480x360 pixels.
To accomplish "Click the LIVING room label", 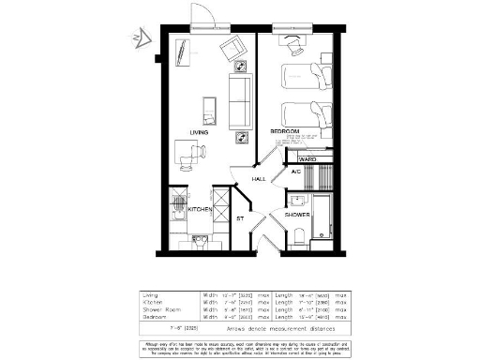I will coord(198,132).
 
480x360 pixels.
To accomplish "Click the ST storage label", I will coord(240,219).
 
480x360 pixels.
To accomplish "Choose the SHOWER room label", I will coord(298,215).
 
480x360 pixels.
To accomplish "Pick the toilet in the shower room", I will coord(298,237).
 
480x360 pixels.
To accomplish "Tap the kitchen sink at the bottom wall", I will coord(199,240).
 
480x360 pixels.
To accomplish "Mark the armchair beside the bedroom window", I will coord(292,44).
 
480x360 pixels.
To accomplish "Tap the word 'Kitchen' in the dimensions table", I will coord(151,301).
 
